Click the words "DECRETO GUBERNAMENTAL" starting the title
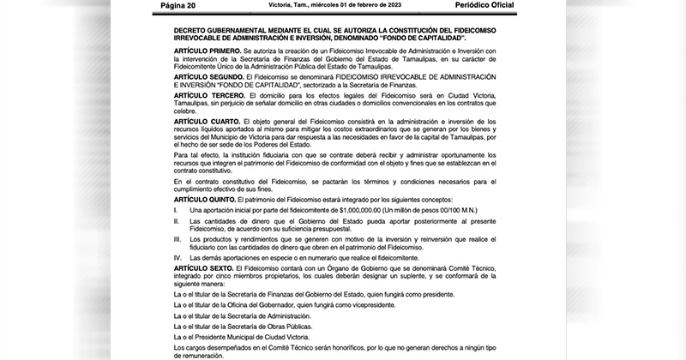tap(218, 29)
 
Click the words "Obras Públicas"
tap(288, 326)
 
